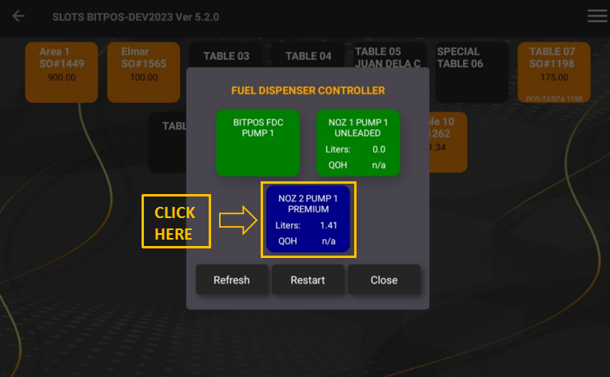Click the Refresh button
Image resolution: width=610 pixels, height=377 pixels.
point(231,280)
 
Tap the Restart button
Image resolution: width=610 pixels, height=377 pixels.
point(308,280)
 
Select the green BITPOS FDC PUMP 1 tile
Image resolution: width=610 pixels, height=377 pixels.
point(258,143)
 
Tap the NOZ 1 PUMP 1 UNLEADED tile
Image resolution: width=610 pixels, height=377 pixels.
point(358,143)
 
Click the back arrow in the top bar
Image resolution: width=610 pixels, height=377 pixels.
point(18,16)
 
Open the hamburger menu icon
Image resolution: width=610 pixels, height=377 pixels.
point(596,16)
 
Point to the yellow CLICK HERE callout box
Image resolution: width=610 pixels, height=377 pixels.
point(175,223)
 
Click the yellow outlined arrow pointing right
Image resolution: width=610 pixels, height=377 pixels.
point(237,222)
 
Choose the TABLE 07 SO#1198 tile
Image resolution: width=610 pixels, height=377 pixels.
point(554,72)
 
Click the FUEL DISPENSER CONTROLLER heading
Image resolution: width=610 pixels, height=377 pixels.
point(308,90)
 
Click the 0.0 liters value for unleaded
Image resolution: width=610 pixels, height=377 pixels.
point(379,149)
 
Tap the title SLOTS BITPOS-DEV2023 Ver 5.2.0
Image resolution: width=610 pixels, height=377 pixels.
point(135,17)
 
